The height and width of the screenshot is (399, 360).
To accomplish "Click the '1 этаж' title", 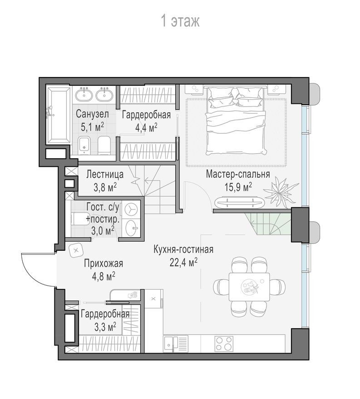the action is (x=180, y=21).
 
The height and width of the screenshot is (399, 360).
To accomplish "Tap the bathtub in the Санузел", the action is (x=58, y=116).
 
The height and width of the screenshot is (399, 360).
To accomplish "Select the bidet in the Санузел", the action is (x=84, y=146).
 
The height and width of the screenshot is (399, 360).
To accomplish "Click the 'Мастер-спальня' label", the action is (x=237, y=174).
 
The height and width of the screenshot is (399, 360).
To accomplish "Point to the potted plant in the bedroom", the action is (x=281, y=191).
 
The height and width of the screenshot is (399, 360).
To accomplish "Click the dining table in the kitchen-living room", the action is (x=249, y=287).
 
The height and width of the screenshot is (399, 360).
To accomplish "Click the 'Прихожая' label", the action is (x=104, y=263).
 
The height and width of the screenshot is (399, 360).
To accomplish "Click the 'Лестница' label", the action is (x=105, y=175).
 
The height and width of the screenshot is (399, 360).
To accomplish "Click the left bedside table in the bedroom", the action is (x=194, y=89).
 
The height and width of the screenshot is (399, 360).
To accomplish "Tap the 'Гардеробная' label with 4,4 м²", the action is (x=146, y=115).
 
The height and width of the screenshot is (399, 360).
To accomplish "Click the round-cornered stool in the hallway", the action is (x=76, y=251).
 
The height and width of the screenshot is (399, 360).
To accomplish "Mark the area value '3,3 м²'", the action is (x=105, y=327).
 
